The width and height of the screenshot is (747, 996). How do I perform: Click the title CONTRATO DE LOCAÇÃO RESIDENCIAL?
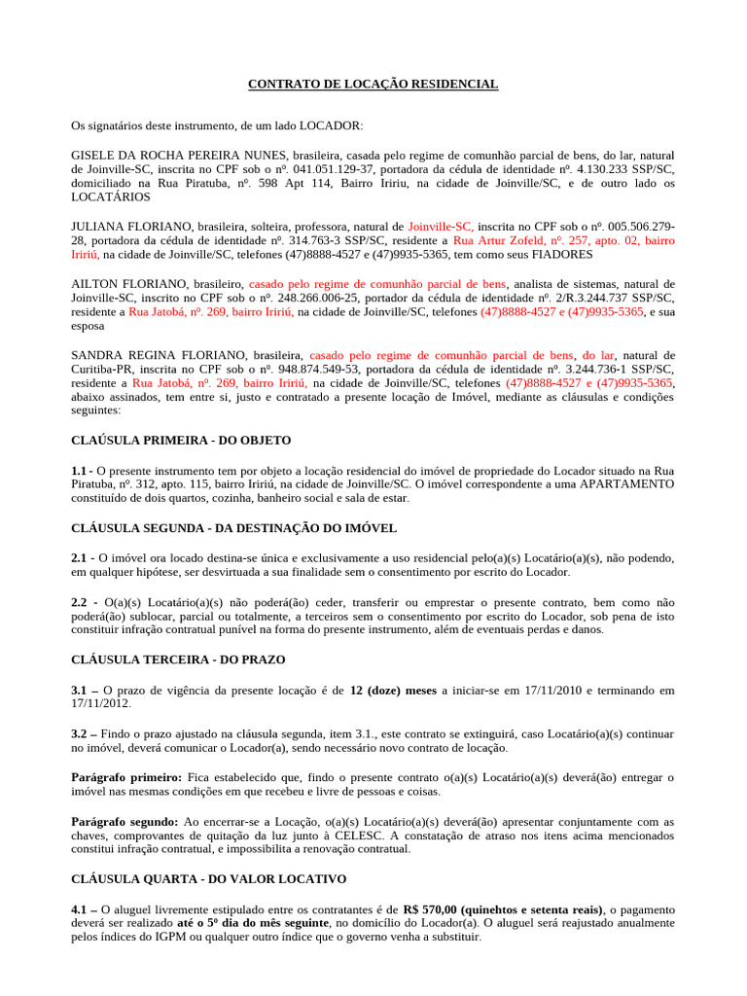tap(373, 85)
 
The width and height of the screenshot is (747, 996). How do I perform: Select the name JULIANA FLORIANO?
tap(123, 226)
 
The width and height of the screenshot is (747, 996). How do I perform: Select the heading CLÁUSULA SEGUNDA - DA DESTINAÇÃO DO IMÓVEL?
tap(233, 528)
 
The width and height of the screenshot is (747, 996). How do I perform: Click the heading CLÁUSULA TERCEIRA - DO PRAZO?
tap(178, 659)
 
